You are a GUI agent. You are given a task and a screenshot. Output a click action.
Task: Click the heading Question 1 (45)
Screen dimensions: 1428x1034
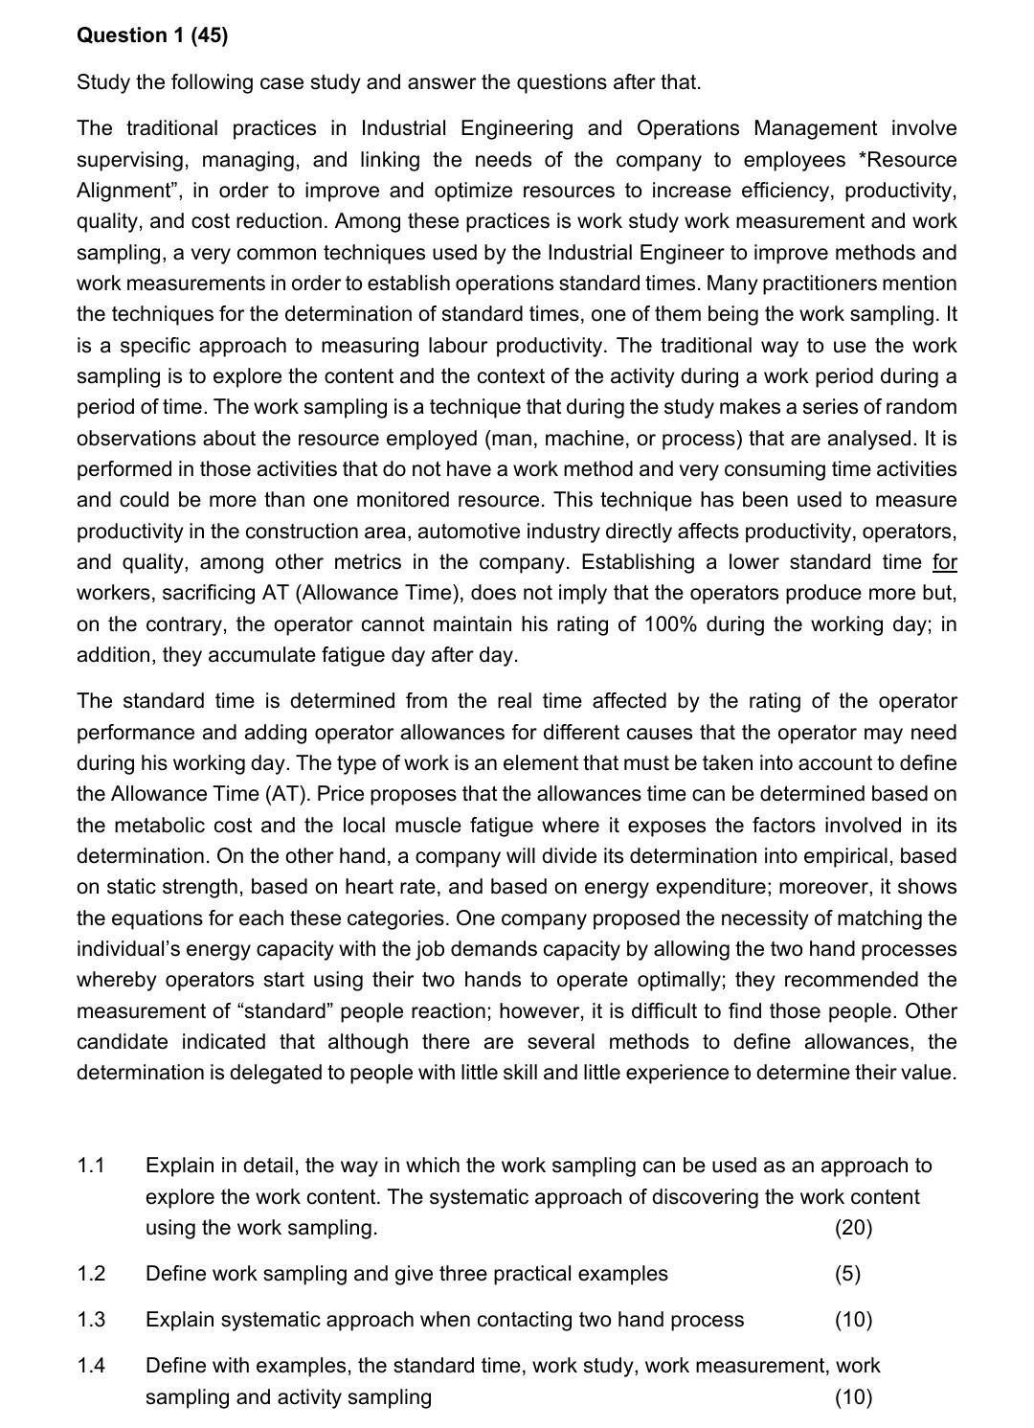(x=152, y=35)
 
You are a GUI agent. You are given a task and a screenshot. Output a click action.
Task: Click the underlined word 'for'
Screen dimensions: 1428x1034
(x=944, y=562)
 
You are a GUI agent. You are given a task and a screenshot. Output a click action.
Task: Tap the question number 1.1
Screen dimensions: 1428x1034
(x=91, y=1166)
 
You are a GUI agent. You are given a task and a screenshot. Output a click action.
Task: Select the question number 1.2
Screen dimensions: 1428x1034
(x=91, y=1274)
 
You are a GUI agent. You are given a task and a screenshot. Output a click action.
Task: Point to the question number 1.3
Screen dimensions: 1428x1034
(x=91, y=1320)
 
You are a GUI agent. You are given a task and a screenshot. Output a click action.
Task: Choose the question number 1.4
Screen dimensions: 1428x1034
(x=91, y=1366)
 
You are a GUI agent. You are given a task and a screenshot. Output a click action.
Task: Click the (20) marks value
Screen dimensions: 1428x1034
(x=853, y=1228)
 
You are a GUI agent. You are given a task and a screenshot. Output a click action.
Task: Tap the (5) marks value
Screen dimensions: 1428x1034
(x=847, y=1274)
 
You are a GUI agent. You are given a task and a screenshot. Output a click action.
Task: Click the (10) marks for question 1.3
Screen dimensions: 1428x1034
(x=853, y=1320)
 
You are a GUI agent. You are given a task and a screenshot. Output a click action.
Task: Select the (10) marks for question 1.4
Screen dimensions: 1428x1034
(x=853, y=1397)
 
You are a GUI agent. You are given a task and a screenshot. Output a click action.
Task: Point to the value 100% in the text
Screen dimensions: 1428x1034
(x=676, y=624)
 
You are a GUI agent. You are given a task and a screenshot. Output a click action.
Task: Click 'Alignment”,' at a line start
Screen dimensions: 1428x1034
(x=127, y=191)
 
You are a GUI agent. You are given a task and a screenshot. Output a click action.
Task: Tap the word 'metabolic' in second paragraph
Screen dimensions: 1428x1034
(x=159, y=826)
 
